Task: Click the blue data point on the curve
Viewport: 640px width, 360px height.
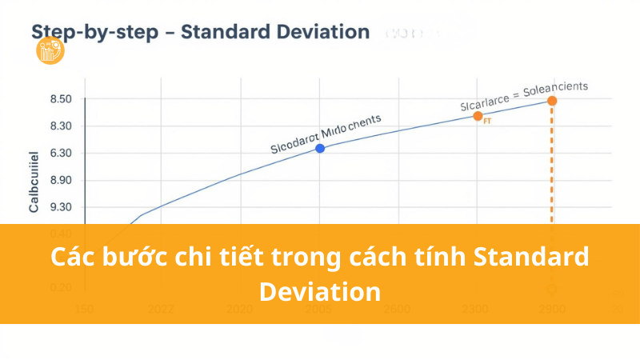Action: tap(320, 148)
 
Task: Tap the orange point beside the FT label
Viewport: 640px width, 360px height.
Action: tap(478, 116)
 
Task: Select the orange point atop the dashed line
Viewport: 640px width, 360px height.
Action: tap(552, 100)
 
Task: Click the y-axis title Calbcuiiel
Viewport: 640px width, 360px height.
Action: tap(34, 182)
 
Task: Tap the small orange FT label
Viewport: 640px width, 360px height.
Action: tap(487, 122)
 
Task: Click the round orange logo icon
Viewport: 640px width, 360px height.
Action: tap(50, 52)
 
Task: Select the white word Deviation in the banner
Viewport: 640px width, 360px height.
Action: tap(320, 290)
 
